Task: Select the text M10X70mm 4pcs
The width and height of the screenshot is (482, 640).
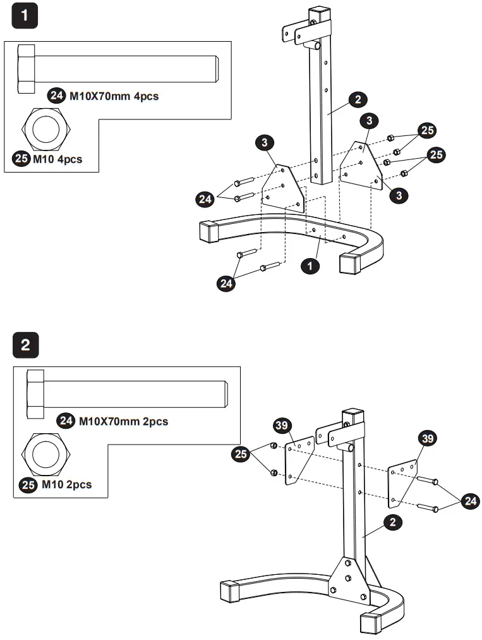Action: tap(113, 97)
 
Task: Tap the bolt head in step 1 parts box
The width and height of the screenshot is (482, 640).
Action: tap(27, 69)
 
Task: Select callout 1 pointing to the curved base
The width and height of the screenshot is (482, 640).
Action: tap(310, 267)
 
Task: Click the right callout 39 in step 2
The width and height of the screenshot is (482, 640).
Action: tap(428, 438)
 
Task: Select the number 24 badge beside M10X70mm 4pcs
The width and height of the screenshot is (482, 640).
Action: tap(57, 97)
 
